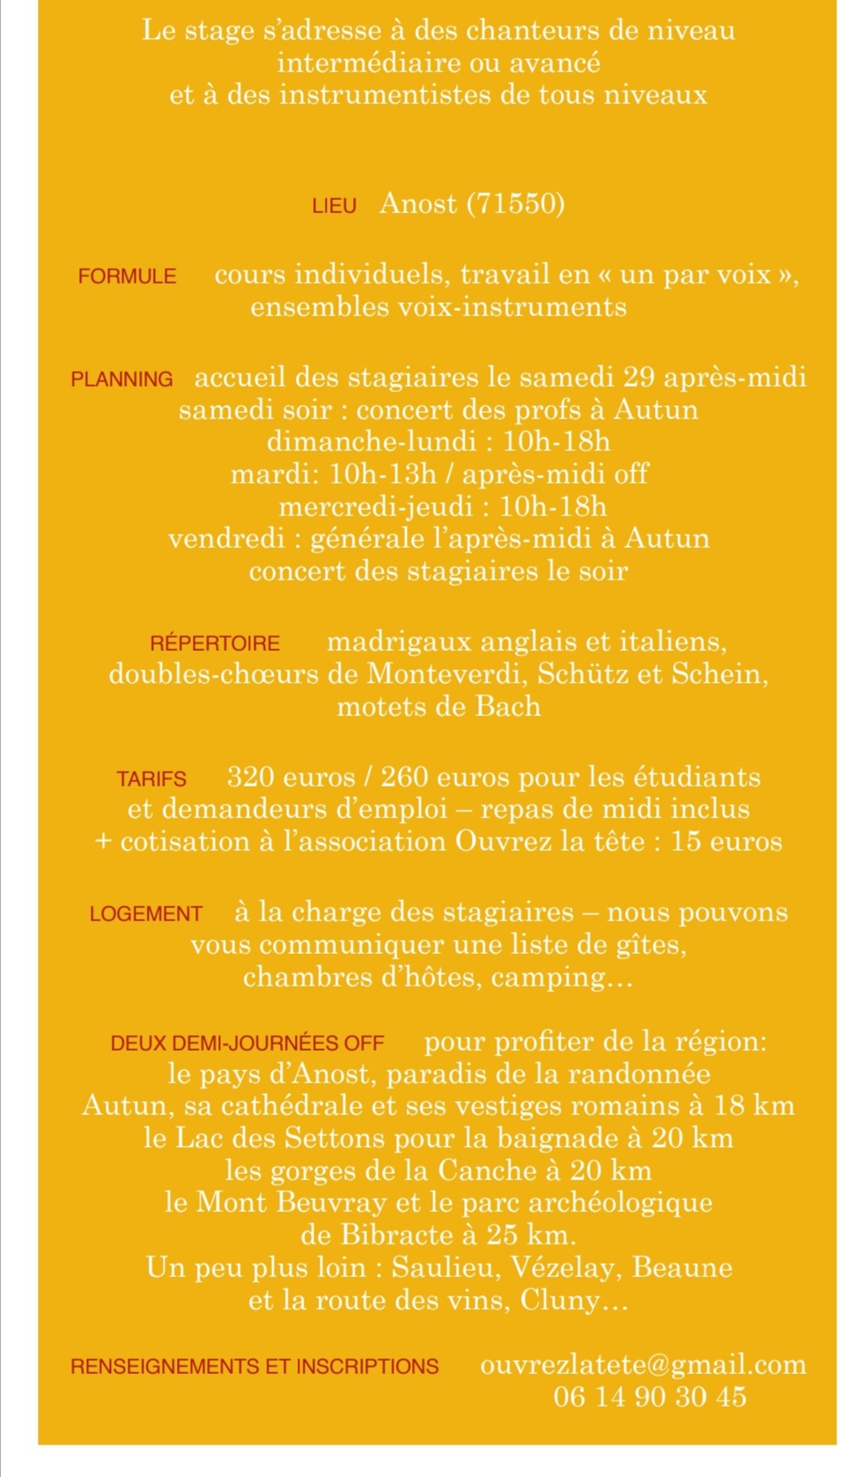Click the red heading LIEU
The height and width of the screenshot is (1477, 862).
click(334, 206)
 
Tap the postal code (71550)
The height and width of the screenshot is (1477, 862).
click(515, 204)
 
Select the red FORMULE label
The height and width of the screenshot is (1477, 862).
click(127, 277)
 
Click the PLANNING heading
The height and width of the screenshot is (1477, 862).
click(122, 380)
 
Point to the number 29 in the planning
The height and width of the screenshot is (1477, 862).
click(638, 377)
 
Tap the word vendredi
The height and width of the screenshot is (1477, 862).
click(226, 539)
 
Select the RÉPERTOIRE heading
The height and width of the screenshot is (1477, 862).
click(215, 644)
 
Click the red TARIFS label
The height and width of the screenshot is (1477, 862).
click(151, 779)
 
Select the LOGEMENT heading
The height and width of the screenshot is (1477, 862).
click(146, 914)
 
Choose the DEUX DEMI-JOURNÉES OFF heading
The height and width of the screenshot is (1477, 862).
click(247, 1044)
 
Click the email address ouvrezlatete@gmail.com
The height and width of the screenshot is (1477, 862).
click(643, 1365)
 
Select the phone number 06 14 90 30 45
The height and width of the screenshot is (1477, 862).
click(650, 1397)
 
